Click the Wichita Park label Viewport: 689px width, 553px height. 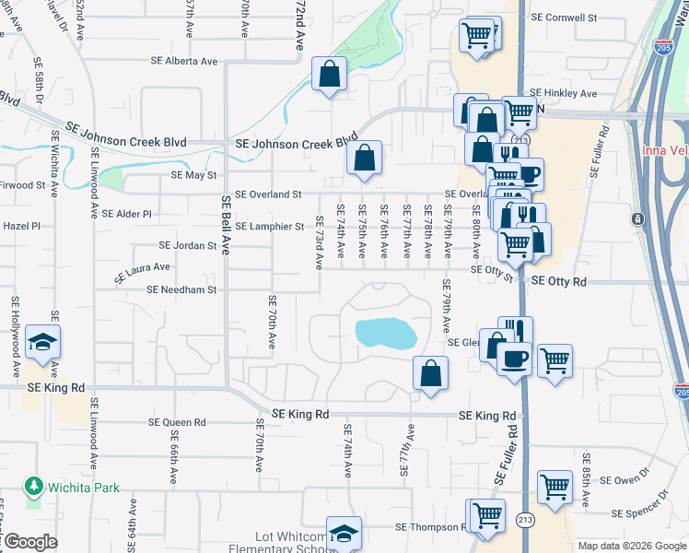pos(85,485)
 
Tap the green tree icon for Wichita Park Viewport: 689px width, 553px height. pos(34,485)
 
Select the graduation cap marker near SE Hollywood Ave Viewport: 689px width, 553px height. pos(43,343)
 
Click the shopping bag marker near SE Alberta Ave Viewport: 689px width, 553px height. pos(329,75)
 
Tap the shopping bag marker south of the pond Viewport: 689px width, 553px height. pos(430,373)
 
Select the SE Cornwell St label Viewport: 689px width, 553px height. pos(565,18)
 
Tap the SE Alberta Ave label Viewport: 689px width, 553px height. pos(185,62)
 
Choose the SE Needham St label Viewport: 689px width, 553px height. pos(181,289)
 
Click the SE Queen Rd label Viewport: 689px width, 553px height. pos(177,423)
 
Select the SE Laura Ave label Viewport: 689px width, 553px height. pos(142,274)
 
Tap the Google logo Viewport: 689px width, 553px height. pos(29,542)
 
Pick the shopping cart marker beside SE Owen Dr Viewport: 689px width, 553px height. pos(555,488)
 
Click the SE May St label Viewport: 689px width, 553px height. pos(193,175)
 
